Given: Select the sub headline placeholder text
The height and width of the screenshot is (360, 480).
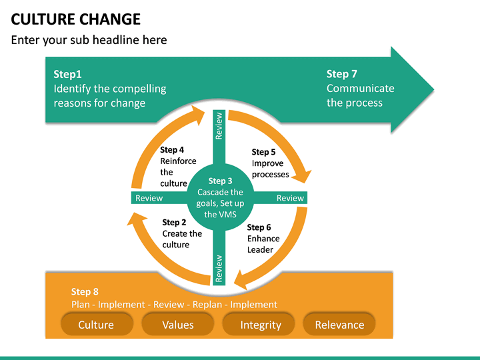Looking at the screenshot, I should pos(89,40).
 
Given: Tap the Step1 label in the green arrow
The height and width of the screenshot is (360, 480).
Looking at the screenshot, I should pos(67,75).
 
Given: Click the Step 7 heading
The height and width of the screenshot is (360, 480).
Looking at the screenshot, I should pos(341,74).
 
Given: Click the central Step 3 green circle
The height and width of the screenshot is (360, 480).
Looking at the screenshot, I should pos(220,197).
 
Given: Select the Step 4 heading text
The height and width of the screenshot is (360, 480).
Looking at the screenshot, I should pos(172,150).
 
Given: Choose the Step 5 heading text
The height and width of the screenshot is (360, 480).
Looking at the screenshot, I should pos(263,152).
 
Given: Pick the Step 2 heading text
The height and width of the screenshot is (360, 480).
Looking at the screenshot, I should pos(174,223).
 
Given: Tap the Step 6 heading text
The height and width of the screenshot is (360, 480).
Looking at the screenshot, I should pos(259,227).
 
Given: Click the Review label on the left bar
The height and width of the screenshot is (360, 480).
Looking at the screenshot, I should pos(149,198).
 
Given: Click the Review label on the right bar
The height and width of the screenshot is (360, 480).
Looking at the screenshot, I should pos(290,198).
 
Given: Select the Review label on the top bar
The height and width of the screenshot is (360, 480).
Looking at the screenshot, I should pos(219,125).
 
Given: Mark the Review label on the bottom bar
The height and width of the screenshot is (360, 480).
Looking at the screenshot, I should pos(219,269).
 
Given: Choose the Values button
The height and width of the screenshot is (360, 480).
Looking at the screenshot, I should pos(177,325).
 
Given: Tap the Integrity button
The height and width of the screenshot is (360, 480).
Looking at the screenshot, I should pos(261,325).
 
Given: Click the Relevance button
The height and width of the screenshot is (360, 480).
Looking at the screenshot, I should pos(339,325).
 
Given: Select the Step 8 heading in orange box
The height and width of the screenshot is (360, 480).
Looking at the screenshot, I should pos(85,291).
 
